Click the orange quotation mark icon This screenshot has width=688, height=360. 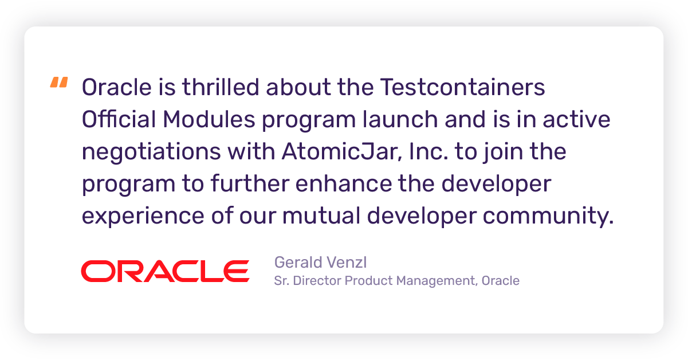point(59,82)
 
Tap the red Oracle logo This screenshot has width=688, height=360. point(165,271)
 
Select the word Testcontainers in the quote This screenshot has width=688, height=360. point(462,87)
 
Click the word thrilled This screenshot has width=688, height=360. point(221,87)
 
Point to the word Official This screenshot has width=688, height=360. point(119,119)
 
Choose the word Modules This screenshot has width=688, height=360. point(209,119)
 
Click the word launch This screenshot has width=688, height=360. point(400,119)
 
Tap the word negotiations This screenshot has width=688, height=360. point(151,152)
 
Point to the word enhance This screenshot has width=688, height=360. point(343,183)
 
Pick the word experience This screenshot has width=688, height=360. point(143,216)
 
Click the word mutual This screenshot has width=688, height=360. point(321,216)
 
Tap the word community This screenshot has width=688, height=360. point(548,216)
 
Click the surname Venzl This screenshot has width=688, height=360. point(347,262)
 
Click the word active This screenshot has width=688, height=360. point(576,119)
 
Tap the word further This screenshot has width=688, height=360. point(250,183)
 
